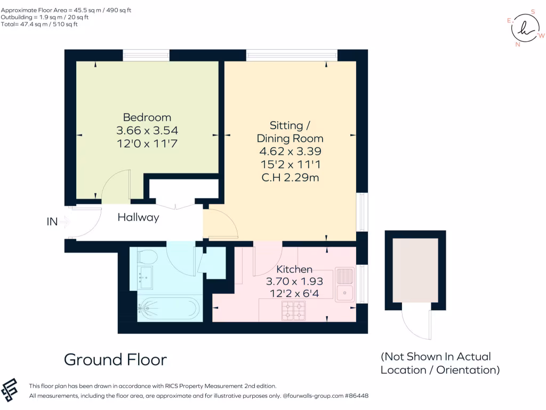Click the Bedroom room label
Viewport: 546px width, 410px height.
click(147, 117)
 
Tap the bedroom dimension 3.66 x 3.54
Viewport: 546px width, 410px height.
click(147, 130)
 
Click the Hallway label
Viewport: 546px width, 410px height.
click(138, 217)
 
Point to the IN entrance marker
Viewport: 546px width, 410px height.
click(52, 220)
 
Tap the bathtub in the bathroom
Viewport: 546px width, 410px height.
click(168, 308)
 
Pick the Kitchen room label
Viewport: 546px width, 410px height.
click(294, 269)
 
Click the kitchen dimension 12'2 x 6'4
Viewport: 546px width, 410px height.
click(294, 293)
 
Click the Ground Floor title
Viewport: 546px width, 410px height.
click(115, 359)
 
